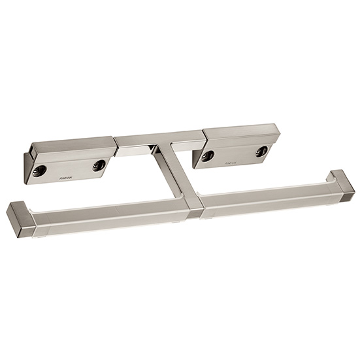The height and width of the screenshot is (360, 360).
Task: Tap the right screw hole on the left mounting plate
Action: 99,165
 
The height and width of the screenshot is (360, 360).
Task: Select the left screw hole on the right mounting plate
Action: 208,155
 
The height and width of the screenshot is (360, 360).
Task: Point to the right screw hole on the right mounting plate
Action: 261,151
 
